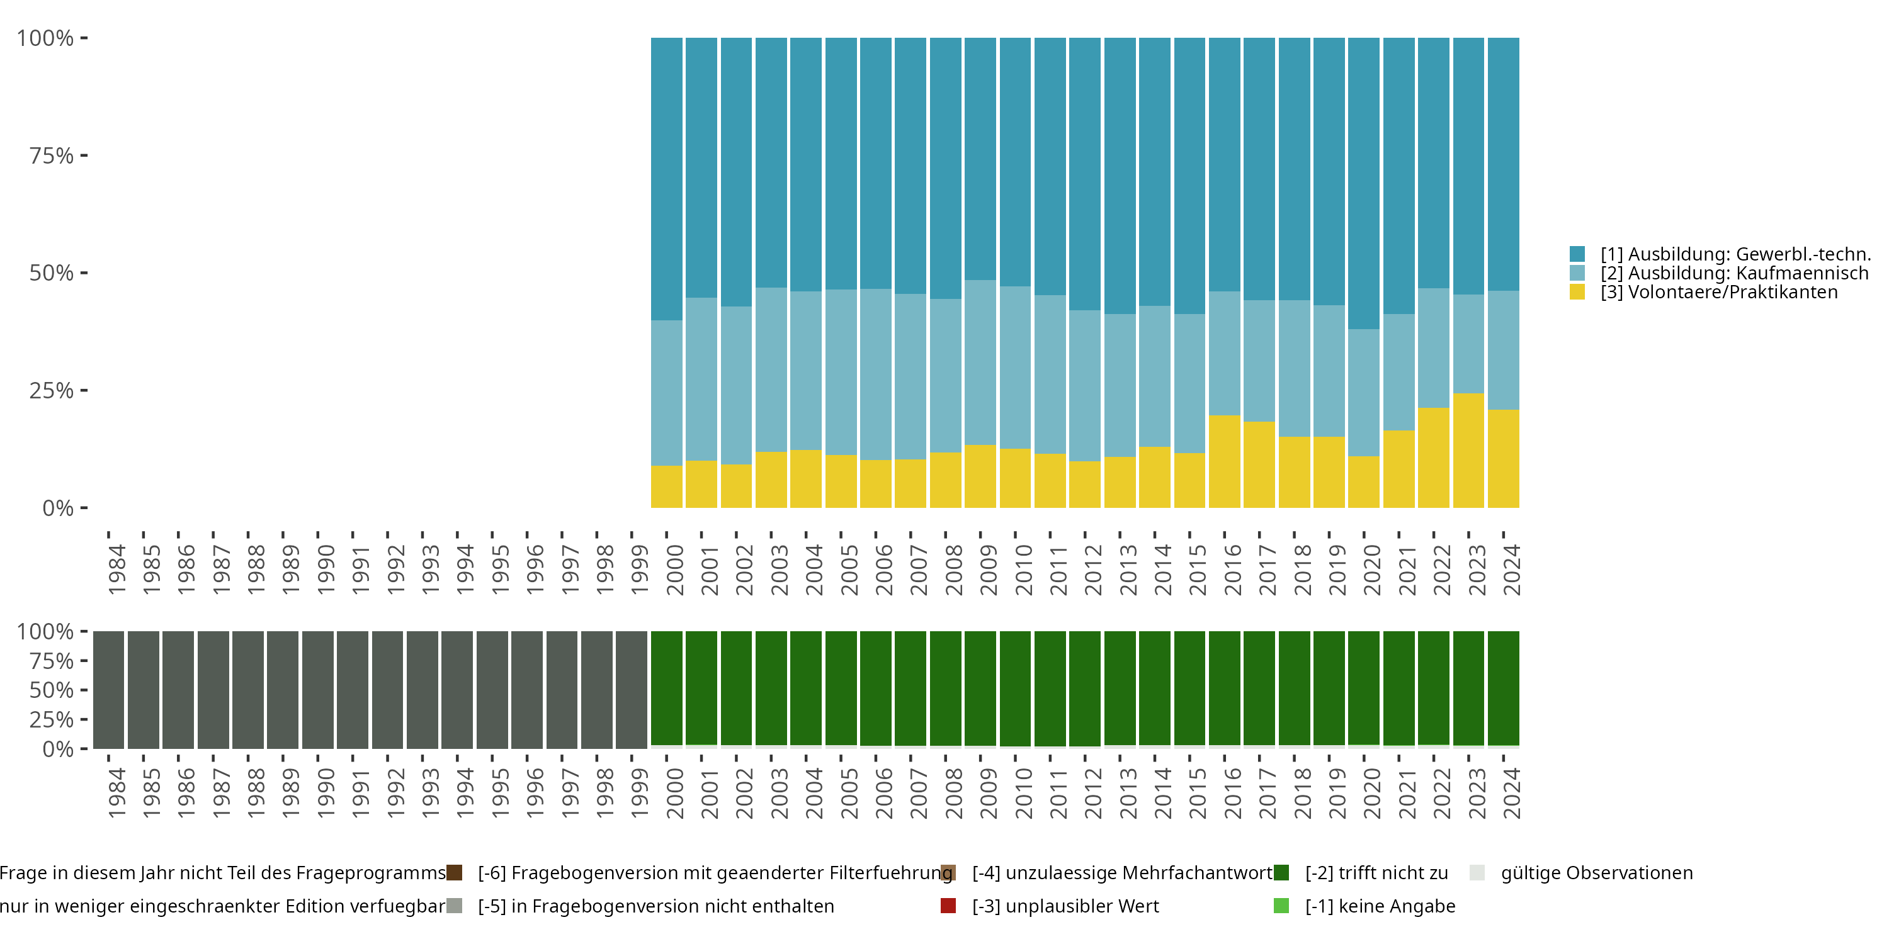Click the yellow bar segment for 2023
click(1468, 450)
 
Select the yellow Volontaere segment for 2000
click(667, 486)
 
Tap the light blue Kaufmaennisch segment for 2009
click(980, 362)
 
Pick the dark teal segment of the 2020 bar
click(1363, 183)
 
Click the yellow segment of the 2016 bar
click(1224, 461)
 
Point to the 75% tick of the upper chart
click(84, 155)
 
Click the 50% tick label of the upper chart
click(52, 273)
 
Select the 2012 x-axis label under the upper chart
click(1092, 570)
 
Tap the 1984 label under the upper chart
click(116, 570)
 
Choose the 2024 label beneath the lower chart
click(1511, 793)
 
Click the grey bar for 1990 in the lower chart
click(317, 689)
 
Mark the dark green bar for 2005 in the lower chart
click(841, 687)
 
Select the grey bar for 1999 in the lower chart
click(632, 689)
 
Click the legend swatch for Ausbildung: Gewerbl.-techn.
click(1577, 254)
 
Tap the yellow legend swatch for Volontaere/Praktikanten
click(1577, 292)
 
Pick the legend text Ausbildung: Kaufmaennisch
click(1734, 273)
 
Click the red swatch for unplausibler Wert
click(948, 906)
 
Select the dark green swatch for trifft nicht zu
click(1281, 873)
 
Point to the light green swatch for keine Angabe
click(1281, 906)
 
